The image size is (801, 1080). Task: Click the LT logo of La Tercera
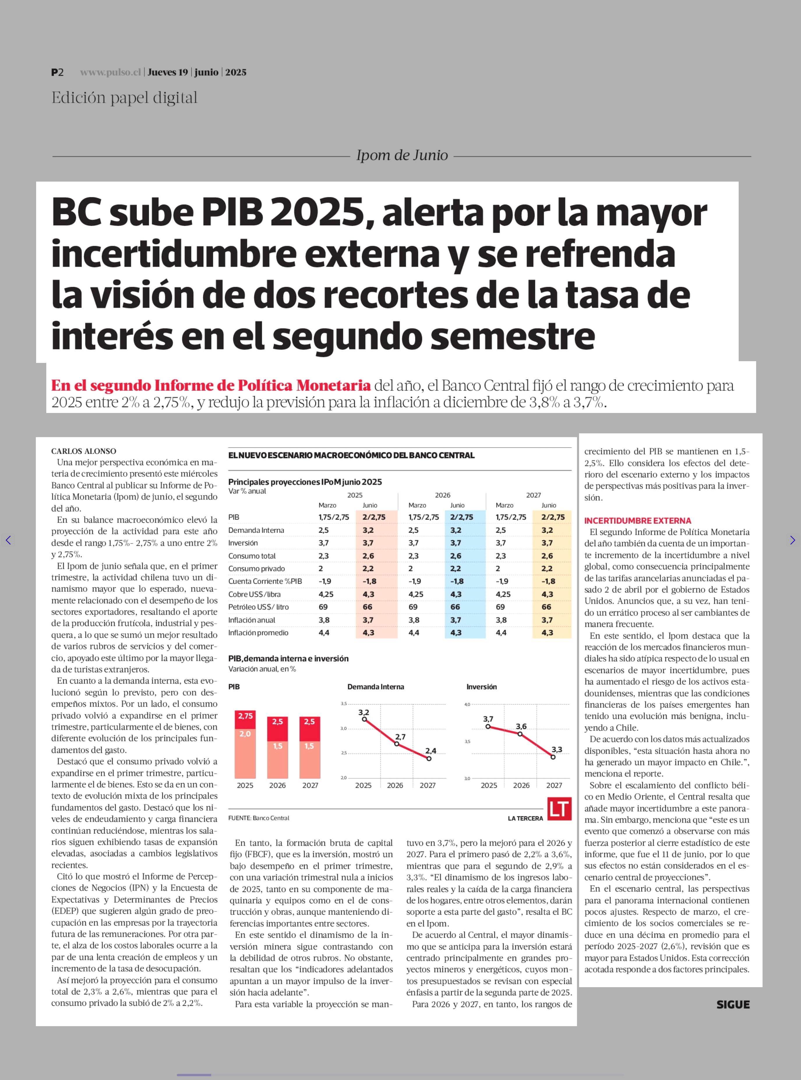[560, 809]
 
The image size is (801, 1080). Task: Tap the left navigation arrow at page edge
[8, 540]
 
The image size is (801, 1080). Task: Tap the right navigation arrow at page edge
[792, 540]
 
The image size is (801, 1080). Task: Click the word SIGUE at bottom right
[733, 1004]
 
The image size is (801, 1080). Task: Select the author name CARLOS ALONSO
[83, 451]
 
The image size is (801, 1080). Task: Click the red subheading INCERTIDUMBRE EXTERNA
[637, 520]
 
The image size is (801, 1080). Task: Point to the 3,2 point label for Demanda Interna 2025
[364, 712]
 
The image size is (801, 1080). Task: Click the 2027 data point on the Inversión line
[553, 757]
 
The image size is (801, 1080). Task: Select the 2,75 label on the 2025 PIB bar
[245, 716]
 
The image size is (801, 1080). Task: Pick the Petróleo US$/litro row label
[258, 606]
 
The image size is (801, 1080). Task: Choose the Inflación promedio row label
[258, 632]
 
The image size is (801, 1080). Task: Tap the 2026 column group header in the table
[442, 495]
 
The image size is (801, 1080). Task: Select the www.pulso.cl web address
[110, 72]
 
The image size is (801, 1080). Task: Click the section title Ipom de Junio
[402, 155]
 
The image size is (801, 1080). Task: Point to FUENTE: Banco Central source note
[258, 818]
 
